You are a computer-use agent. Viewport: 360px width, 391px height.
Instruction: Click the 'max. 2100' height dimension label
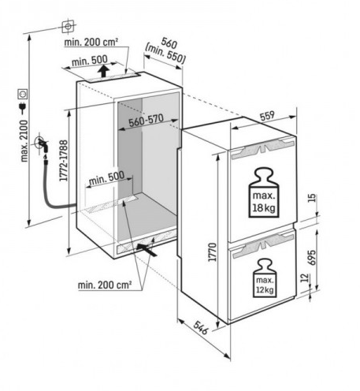tap(24, 141)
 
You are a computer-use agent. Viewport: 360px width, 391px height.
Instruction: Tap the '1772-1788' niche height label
tap(64, 161)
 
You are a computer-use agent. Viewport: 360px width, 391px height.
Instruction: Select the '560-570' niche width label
tap(146, 121)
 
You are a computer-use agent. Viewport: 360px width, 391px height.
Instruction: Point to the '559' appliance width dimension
tap(267, 116)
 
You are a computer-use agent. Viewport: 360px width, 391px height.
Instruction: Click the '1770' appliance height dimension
tap(212, 252)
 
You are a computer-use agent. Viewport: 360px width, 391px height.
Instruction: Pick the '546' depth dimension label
tap(201, 327)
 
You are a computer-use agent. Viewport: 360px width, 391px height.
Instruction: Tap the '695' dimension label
tap(311, 258)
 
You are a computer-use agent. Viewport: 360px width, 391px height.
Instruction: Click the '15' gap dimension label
tap(312, 198)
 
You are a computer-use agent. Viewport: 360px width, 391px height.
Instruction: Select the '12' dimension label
tap(304, 277)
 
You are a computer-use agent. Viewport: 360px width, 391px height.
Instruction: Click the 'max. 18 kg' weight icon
tap(264, 193)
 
